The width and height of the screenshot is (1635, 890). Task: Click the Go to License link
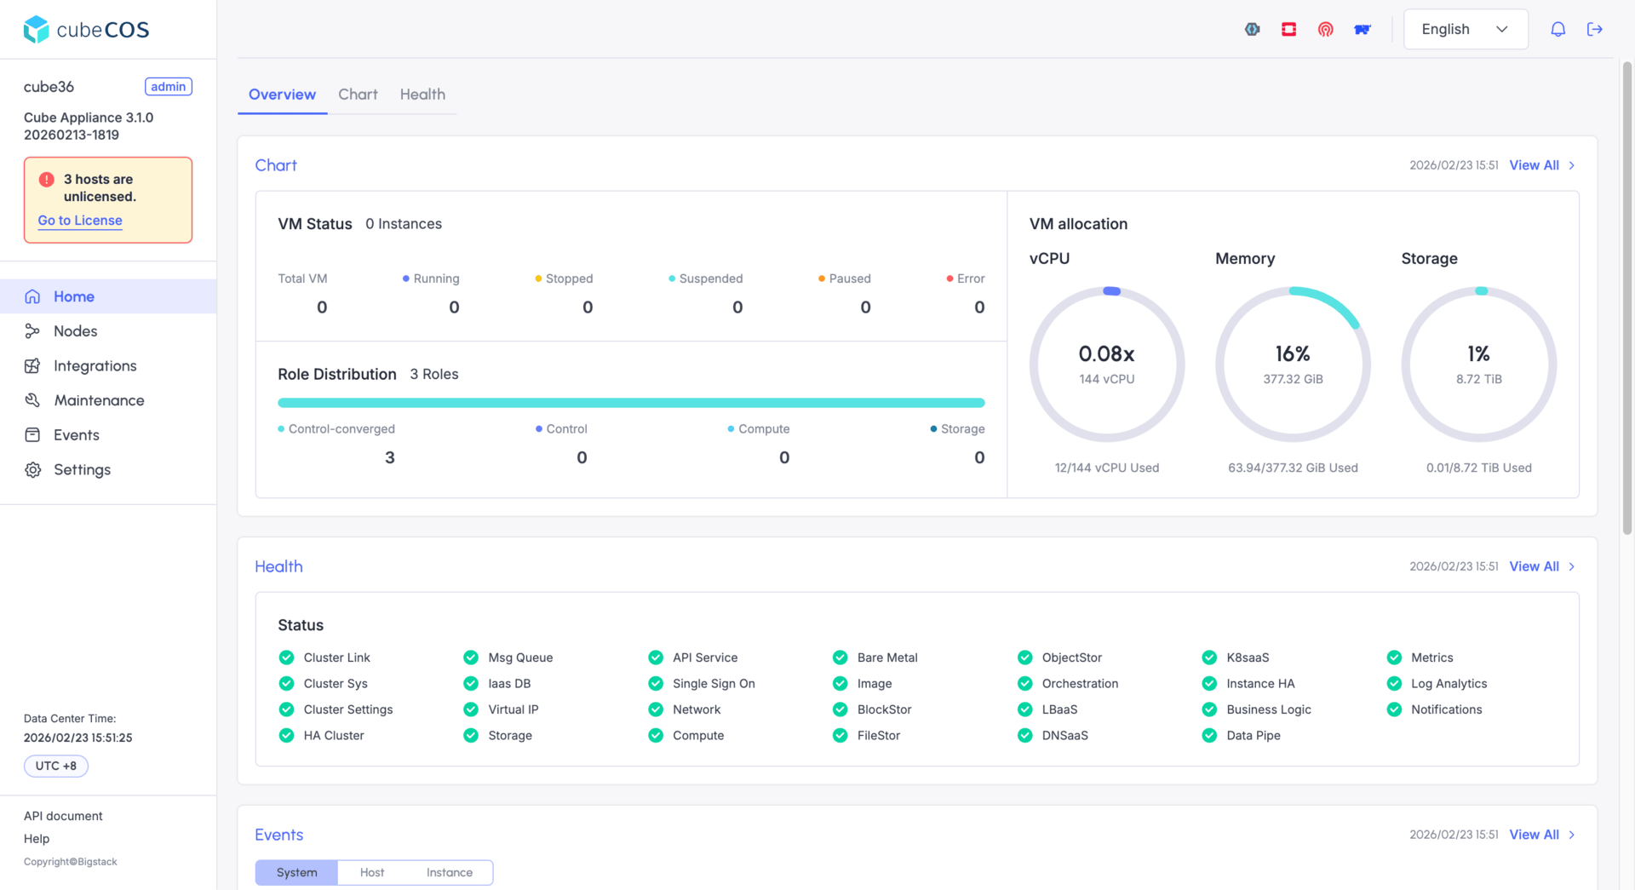[x=80, y=221]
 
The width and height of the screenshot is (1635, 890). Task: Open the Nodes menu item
[x=75, y=331]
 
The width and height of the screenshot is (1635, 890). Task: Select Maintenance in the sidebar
[x=99, y=400]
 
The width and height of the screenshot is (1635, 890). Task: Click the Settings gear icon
[x=32, y=470]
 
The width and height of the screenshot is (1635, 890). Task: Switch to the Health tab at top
[x=422, y=95]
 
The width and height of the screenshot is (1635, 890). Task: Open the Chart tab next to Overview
[x=358, y=95]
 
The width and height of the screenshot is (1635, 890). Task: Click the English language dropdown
[x=1466, y=29]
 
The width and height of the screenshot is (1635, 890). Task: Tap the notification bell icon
[x=1558, y=29]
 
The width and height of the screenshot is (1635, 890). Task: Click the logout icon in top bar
[x=1595, y=29]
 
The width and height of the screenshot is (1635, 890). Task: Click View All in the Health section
[x=1535, y=566]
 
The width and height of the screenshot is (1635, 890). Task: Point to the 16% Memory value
[x=1293, y=353]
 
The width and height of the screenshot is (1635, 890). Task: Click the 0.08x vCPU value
[x=1106, y=353]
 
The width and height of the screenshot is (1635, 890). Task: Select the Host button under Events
[x=372, y=873]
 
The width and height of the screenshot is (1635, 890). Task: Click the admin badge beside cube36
[x=169, y=87]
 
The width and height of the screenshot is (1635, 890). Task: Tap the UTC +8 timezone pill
[x=56, y=766]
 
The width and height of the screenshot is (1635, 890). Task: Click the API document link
[x=63, y=816]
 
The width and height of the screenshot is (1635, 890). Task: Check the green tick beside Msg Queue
[x=471, y=657]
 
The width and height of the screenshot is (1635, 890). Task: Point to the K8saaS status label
[x=1248, y=657]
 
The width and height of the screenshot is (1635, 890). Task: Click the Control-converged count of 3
[x=390, y=458]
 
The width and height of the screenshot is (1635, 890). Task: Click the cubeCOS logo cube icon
[x=36, y=29]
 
